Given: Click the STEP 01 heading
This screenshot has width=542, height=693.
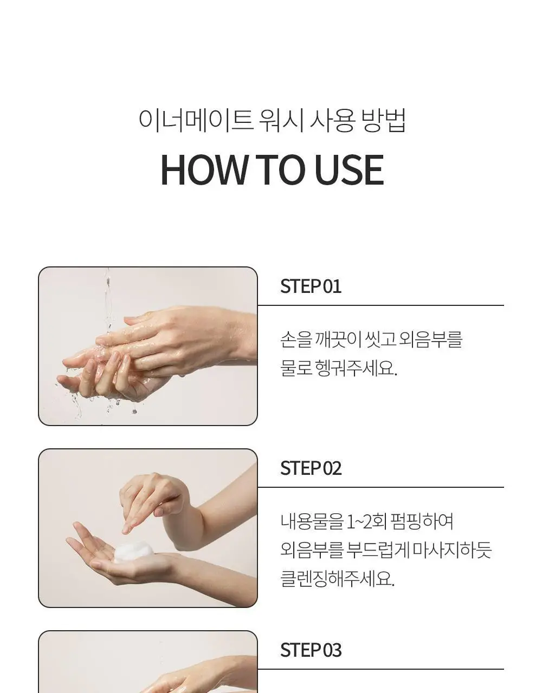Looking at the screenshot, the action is point(311,286).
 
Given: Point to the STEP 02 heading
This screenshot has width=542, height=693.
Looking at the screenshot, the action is point(311,468).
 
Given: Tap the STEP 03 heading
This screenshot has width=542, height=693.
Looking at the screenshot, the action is point(311,650).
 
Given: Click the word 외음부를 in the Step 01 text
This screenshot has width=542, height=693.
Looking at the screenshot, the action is point(430,339).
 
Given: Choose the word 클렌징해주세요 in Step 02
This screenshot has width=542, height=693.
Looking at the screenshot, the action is point(338,579).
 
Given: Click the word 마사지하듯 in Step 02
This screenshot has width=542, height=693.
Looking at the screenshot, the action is point(451,550).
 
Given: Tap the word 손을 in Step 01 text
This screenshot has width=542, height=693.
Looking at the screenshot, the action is point(295,339).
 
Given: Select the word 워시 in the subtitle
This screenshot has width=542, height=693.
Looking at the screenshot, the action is point(281,120).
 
